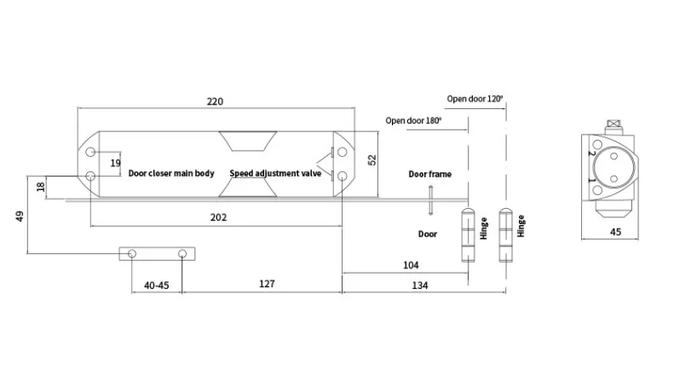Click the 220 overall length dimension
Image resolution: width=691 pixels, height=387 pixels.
coord(215,101)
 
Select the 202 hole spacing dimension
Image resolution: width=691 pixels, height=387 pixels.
coord(219,217)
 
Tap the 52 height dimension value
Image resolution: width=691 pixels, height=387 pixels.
coord(372,159)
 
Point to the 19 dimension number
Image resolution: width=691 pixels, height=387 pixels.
coord(116,163)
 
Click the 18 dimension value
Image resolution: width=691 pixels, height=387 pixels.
coord(41,187)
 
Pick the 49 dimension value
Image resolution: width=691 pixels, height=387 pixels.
coord(20,216)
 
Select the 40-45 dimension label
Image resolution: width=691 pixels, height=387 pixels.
coord(157,286)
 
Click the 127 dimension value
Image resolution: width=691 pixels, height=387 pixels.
coord(267,284)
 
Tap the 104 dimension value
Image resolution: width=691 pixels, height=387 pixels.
coord(411,265)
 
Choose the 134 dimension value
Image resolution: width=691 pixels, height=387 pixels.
coord(420,286)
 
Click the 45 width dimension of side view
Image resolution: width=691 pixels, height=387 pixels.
coord(616,232)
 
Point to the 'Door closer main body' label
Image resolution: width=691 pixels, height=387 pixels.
coord(171,173)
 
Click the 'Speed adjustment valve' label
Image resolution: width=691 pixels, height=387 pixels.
coord(275,174)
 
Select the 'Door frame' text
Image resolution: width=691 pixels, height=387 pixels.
coord(430,174)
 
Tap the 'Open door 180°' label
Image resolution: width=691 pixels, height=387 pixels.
coord(413,120)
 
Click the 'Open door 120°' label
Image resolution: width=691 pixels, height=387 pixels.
coord(475,99)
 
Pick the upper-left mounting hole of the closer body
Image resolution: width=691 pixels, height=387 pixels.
coord(90,152)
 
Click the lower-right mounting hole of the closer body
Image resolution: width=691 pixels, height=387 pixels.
coord(342,176)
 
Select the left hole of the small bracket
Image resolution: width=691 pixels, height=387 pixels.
coord(132,254)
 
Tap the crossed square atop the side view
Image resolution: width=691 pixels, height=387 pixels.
coord(613,124)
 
